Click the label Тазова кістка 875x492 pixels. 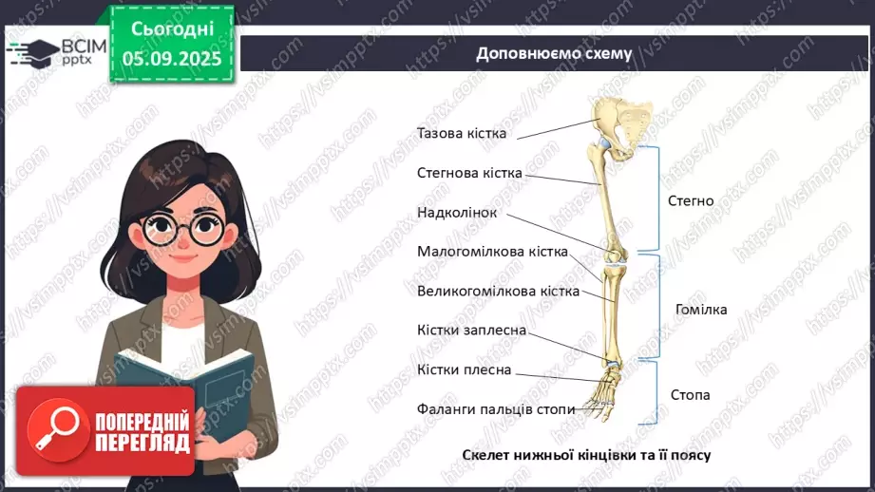(462, 133)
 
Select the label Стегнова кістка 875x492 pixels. (469, 173)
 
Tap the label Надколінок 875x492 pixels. (457, 212)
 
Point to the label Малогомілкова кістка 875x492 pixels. (492, 252)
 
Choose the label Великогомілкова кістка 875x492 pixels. (498, 291)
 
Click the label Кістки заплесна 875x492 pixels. (471, 330)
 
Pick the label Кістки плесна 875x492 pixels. (464, 369)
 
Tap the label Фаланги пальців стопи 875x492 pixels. (496, 408)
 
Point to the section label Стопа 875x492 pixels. (690, 394)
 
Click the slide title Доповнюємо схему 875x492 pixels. (554, 53)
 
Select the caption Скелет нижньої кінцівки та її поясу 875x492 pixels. (587, 455)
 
